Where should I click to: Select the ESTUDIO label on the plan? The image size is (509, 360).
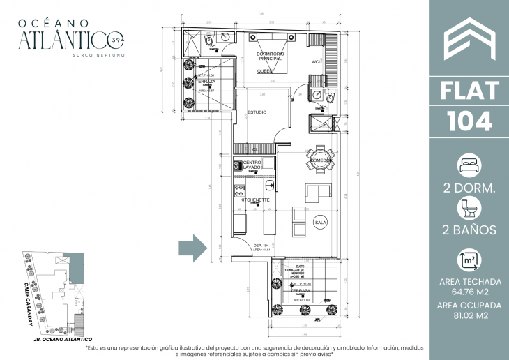point(256,112)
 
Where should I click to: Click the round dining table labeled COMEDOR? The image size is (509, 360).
point(319,160)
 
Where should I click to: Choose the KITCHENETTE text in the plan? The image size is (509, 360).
point(254,200)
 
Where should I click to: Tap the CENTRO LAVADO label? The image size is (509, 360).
point(252,165)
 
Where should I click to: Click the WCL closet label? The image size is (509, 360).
point(316,62)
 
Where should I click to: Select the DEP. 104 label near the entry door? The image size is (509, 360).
point(261,246)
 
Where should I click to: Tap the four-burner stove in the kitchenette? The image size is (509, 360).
point(240,186)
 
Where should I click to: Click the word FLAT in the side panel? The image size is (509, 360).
point(469,91)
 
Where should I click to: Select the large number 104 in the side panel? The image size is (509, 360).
point(469,120)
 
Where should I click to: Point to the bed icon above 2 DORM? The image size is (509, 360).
point(469,166)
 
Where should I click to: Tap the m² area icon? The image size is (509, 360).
point(469,260)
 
